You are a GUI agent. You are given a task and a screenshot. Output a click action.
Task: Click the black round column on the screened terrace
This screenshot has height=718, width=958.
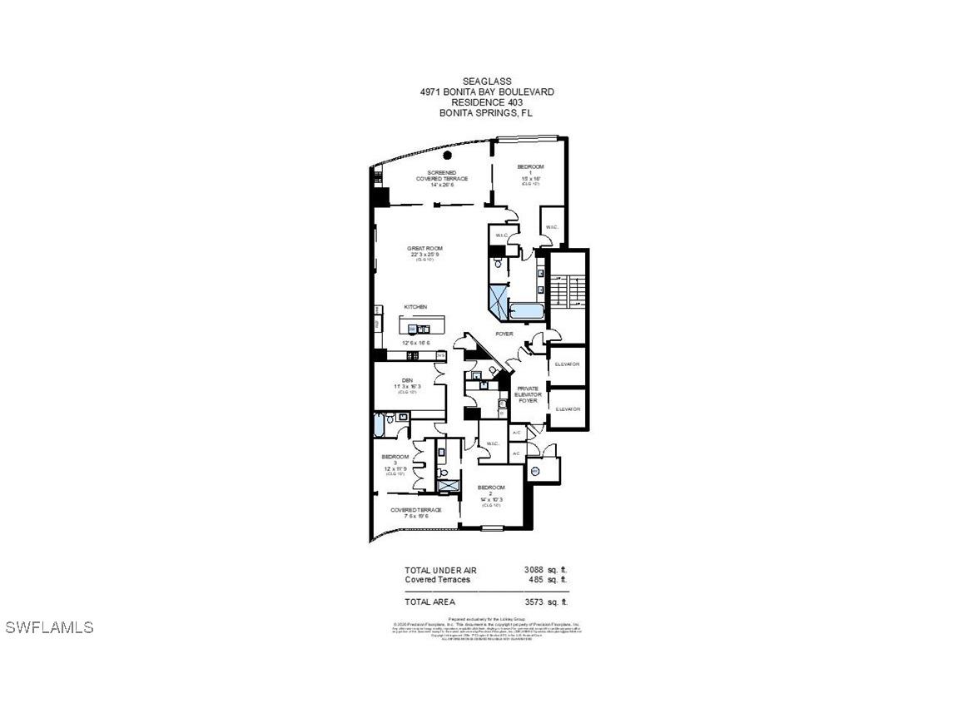[448, 155]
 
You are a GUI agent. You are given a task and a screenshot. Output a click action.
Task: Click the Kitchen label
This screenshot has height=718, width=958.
[415, 307]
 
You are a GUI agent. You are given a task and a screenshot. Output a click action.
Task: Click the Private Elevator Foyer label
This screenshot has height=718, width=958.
[529, 394]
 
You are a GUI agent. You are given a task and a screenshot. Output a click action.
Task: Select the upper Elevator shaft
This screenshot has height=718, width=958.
[567, 364]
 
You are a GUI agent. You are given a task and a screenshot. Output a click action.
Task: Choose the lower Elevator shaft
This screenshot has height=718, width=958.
[567, 409]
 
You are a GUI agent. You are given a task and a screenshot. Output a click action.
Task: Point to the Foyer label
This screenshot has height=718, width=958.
[504, 334]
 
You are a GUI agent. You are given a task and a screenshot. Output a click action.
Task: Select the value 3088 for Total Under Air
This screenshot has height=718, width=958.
[534, 570]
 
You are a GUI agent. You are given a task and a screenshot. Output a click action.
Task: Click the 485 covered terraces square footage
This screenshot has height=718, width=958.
[536, 579]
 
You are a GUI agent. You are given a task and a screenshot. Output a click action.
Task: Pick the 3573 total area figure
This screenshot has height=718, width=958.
[534, 602]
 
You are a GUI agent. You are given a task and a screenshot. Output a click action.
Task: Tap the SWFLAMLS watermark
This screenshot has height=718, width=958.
[49, 627]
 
